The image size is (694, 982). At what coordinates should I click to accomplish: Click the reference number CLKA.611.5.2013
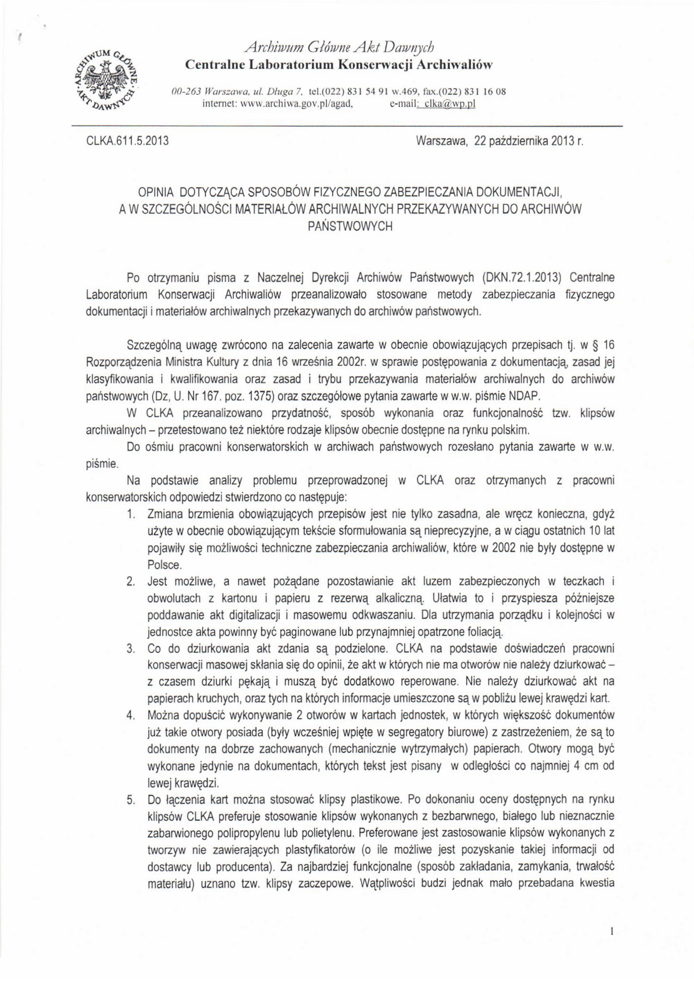[126, 141]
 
